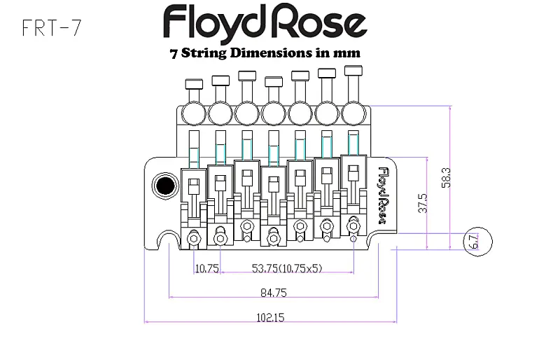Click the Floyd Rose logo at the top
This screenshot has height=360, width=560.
tap(265, 23)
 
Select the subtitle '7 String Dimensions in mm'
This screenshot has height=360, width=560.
tap(265, 53)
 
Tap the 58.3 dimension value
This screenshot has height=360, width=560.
tap(456, 177)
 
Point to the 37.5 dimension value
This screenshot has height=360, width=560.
tap(421, 203)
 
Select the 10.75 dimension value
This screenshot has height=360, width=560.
tap(207, 268)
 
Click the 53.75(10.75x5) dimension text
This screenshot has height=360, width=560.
tap(287, 268)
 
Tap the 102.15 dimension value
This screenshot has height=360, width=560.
tap(269, 317)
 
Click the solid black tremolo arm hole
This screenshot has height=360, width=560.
tap(166, 186)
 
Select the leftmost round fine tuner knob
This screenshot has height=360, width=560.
tap(192, 113)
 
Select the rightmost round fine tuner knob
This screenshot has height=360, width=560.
tap(353, 113)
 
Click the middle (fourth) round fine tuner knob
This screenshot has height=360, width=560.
tap(273, 113)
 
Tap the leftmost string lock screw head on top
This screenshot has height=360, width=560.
tap(194, 85)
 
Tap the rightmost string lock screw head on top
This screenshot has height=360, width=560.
tap(353, 72)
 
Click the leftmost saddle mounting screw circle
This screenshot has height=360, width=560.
tap(194, 238)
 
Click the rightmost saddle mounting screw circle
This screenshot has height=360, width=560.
tap(353, 226)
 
